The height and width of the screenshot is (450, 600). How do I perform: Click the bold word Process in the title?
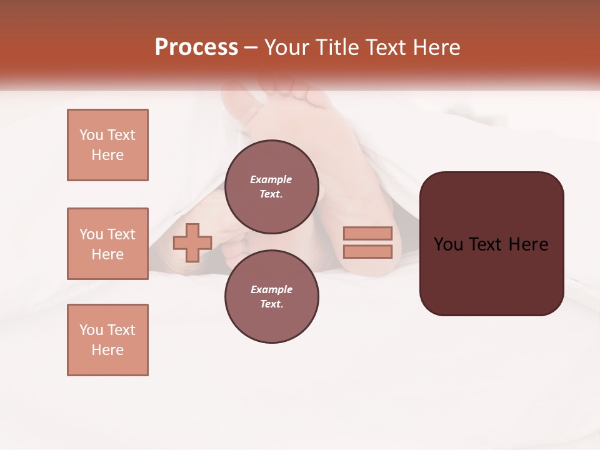coord(196,47)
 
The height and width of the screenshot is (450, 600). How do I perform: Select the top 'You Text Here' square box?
coord(107,145)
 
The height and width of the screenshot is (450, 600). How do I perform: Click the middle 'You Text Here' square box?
coord(107,244)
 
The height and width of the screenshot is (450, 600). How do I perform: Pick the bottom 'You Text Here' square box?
coord(107,340)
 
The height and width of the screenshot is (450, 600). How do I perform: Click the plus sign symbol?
coord(192,242)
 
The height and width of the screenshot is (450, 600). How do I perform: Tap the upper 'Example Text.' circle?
coord(271,186)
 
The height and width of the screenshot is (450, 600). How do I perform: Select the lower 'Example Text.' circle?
coord(271,296)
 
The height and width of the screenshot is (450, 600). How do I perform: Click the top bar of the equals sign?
coord(367,233)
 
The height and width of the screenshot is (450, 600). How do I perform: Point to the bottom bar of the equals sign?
coord(367,252)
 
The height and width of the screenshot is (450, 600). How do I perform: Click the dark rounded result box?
coord(491,275)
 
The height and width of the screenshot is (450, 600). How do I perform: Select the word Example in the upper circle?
coord(271,179)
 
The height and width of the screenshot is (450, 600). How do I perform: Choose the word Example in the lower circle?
coord(271,289)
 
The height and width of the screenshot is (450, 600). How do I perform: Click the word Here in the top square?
coord(107,155)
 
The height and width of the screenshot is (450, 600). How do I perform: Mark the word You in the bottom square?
coord(91,330)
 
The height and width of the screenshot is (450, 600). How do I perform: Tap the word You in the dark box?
coord(448,244)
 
